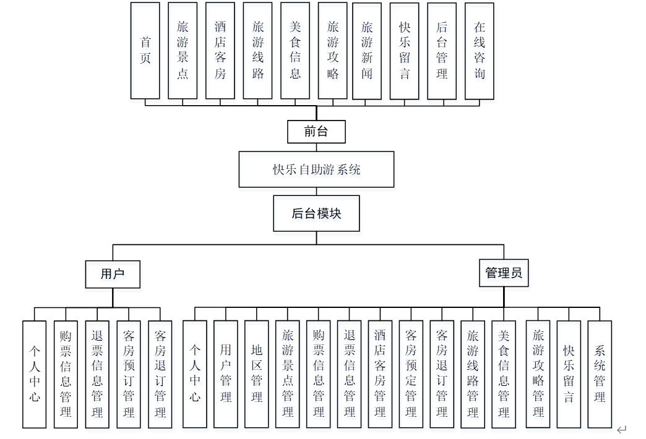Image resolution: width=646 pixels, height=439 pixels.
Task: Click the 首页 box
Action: click(145, 51)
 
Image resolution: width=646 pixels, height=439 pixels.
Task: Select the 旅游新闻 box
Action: click(367, 51)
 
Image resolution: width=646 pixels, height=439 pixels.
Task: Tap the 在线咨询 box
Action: click(480, 51)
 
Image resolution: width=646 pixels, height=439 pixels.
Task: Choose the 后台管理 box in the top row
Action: click(442, 51)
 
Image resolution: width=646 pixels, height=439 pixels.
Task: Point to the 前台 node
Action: click(316, 132)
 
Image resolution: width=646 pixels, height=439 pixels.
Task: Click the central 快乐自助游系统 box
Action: click(316, 169)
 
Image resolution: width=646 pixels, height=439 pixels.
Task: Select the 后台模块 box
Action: click(316, 214)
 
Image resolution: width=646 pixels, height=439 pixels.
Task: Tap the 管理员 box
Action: click(504, 273)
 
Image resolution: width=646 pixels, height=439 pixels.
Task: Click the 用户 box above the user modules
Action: click(113, 274)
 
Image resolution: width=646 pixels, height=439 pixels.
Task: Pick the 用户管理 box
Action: click(226, 373)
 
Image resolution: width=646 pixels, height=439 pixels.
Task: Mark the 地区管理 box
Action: click(257, 373)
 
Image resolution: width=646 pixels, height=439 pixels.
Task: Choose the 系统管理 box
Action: click(600, 373)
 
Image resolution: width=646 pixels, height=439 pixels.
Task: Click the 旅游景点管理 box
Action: click(288, 373)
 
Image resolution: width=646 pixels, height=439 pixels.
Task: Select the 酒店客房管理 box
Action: click(380, 373)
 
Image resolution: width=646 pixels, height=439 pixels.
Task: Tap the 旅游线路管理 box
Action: click(473, 373)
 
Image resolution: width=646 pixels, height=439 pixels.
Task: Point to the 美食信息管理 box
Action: click(504, 373)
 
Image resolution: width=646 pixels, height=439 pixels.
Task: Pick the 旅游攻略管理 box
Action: click(538, 373)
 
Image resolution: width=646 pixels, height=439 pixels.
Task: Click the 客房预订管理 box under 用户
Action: click(129, 373)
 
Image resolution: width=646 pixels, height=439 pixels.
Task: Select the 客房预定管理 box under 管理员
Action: click(411, 373)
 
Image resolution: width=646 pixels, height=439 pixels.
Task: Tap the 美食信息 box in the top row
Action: click(295, 51)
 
